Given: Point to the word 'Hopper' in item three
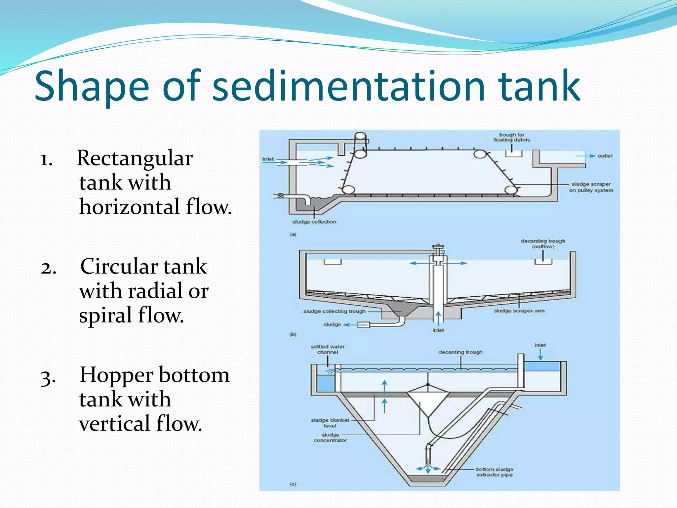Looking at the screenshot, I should [x=117, y=375].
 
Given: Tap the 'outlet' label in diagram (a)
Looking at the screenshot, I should [x=605, y=156].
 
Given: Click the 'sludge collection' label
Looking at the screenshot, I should [x=314, y=222].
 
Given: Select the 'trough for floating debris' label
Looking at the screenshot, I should [x=512, y=137].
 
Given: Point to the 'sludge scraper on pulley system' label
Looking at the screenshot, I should [x=591, y=187].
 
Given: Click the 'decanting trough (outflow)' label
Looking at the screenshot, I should [x=543, y=244].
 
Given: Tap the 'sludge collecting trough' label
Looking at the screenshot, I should [x=335, y=312].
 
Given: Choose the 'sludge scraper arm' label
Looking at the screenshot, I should [x=519, y=311].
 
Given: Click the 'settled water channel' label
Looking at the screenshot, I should [x=328, y=349].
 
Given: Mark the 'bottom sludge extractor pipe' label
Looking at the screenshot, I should [x=495, y=472].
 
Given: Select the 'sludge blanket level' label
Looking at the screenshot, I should [x=330, y=423].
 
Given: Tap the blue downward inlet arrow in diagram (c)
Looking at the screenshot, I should [x=540, y=355].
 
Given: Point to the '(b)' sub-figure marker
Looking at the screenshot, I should [x=293, y=334].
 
